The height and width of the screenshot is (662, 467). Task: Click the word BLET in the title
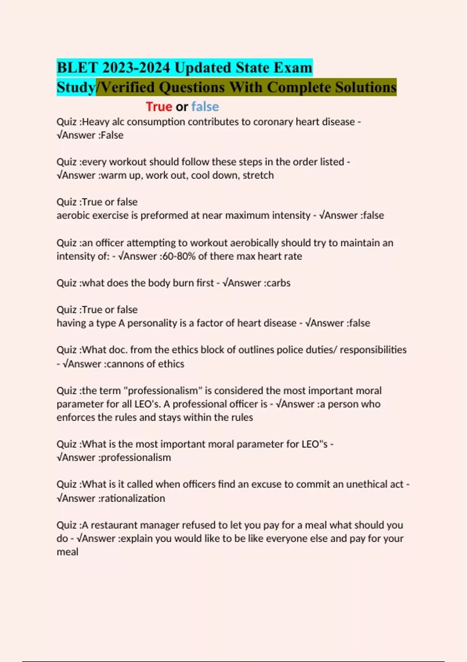(x=77, y=68)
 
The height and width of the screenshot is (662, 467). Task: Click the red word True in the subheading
(x=159, y=106)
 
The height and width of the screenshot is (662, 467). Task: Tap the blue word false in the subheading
(x=205, y=106)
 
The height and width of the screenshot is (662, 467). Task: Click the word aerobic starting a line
(x=74, y=215)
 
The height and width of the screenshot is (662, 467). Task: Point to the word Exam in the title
(x=293, y=68)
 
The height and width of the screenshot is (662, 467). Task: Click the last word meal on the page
(x=67, y=552)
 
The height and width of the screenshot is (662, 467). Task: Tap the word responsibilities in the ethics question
(x=373, y=350)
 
